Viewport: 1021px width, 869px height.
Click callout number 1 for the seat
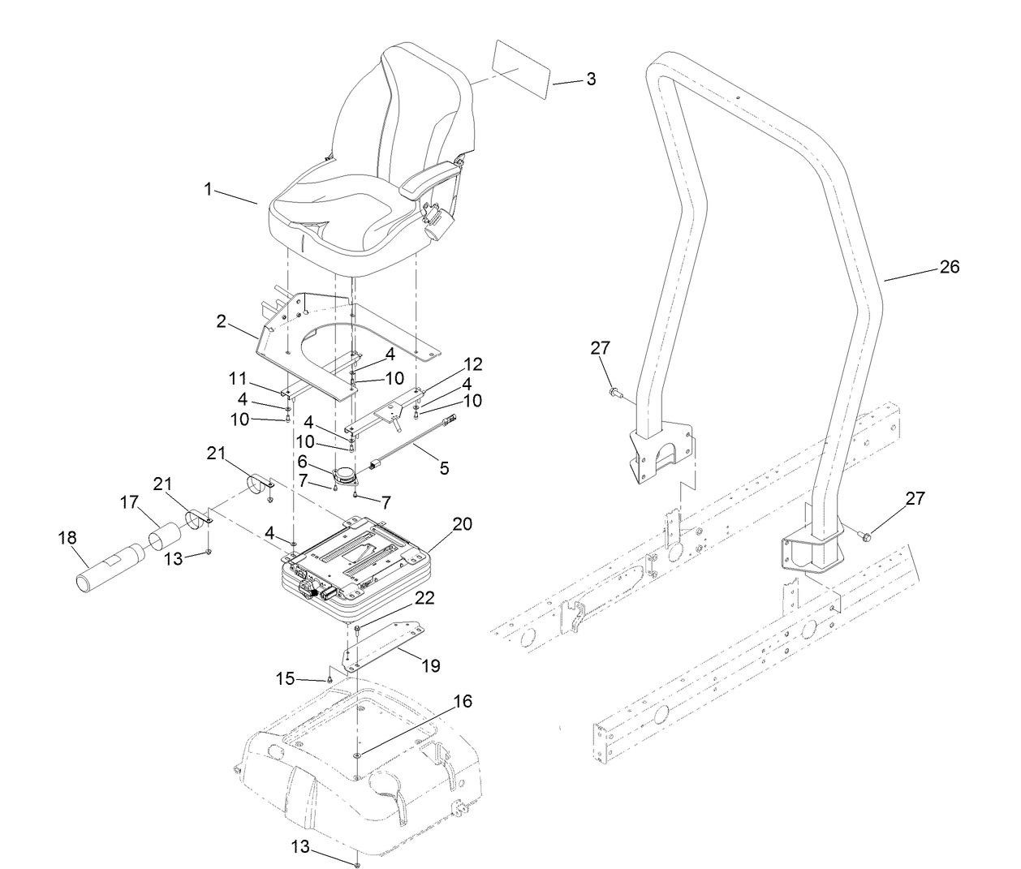tap(208, 189)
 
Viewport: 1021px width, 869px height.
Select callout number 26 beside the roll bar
tap(949, 266)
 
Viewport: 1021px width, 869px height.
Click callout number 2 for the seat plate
tap(221, 321)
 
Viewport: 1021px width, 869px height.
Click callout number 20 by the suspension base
tap(462, 524)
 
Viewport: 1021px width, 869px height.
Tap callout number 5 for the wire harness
tap(444, 468)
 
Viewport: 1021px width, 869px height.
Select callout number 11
tap(237, 377)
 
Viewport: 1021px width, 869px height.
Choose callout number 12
tap(472, 364)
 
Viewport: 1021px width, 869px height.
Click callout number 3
tap(591, 79)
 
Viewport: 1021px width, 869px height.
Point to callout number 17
tap(130, 503)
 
